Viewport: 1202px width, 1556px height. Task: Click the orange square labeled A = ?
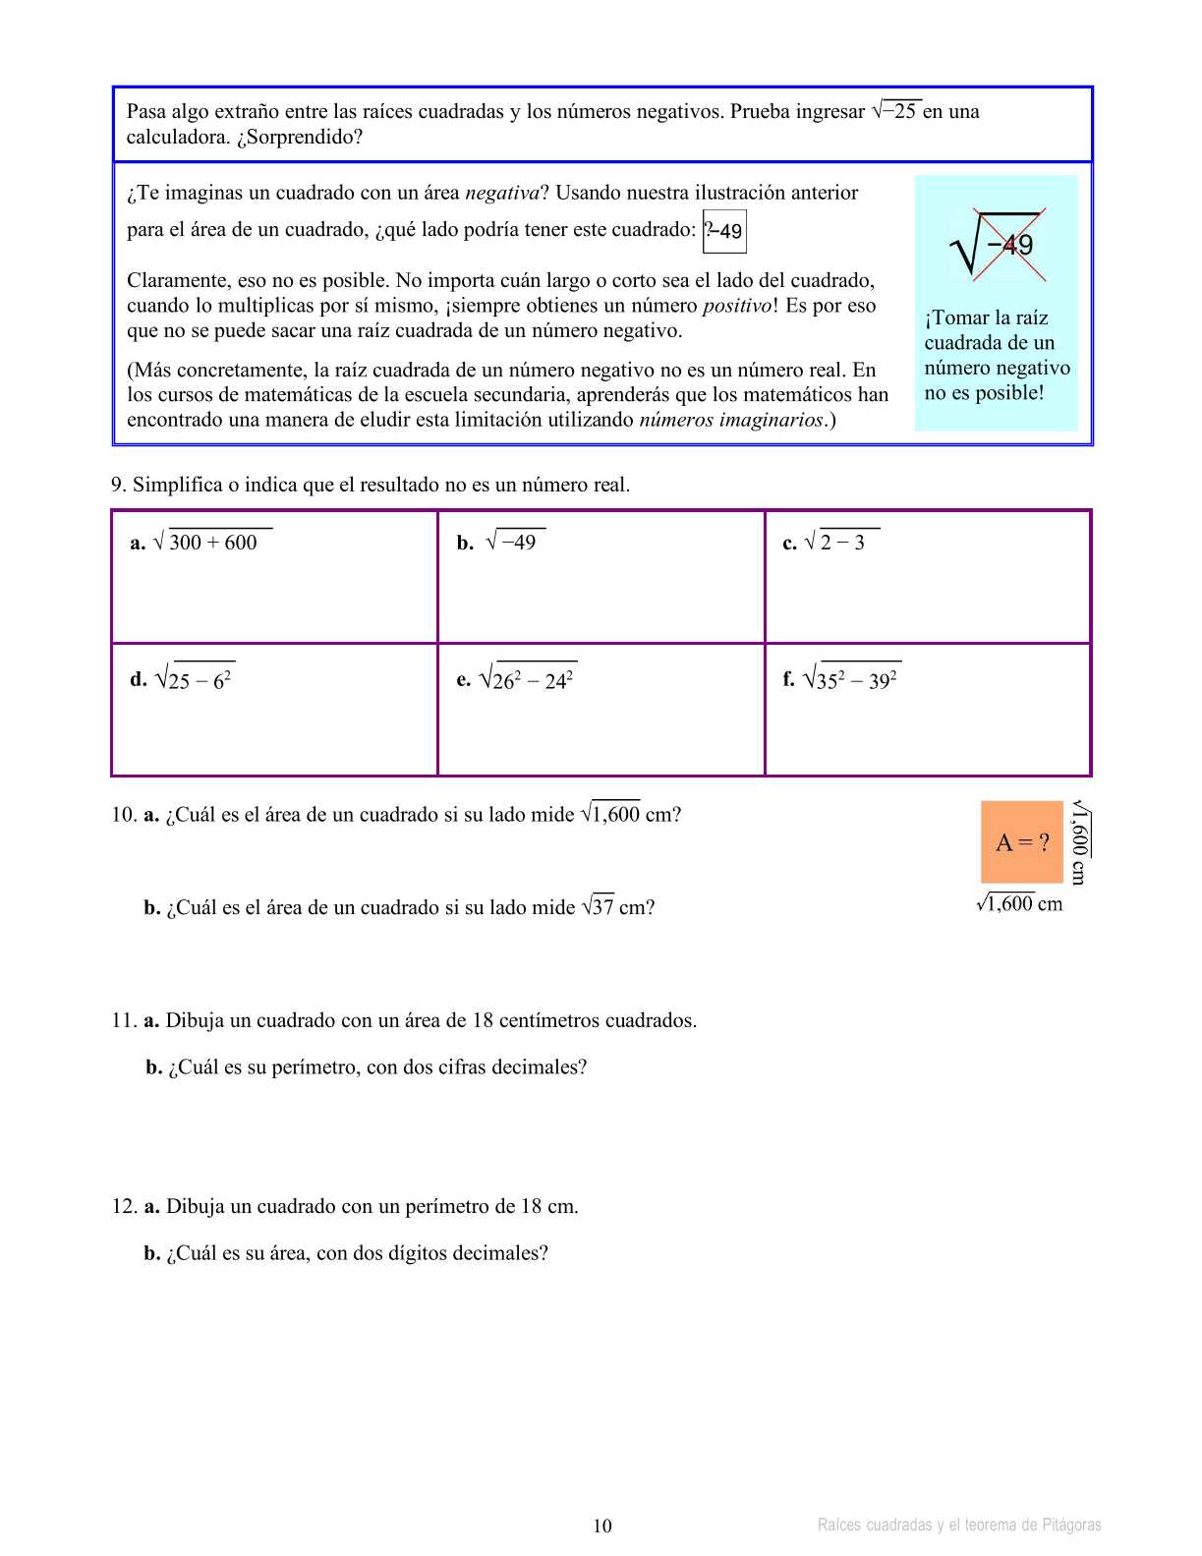tap(1022, 841)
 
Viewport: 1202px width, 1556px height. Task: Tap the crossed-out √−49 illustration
tap(997, 244)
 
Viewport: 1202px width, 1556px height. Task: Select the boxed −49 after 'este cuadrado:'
tap(724, 231)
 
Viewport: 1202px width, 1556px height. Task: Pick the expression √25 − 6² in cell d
tap(194, 679)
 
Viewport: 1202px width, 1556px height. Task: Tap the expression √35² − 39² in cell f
tap(851, 679)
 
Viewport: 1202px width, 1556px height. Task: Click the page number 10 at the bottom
tap(601, 1526)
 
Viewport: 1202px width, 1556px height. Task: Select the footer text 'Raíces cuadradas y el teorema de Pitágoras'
tap(959, 1526)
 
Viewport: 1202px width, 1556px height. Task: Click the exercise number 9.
tap(118, 485)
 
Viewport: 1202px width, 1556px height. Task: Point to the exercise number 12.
tap(122, 1206)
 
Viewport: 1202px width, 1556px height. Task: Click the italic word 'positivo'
tap(736, 306)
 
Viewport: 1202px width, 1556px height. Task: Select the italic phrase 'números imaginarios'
tap(731, 420)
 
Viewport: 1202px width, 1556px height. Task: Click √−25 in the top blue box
tap(894, 111)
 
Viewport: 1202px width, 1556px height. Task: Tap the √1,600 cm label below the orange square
tap(1019, 903)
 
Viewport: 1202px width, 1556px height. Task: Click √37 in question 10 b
tap(598, 907)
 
